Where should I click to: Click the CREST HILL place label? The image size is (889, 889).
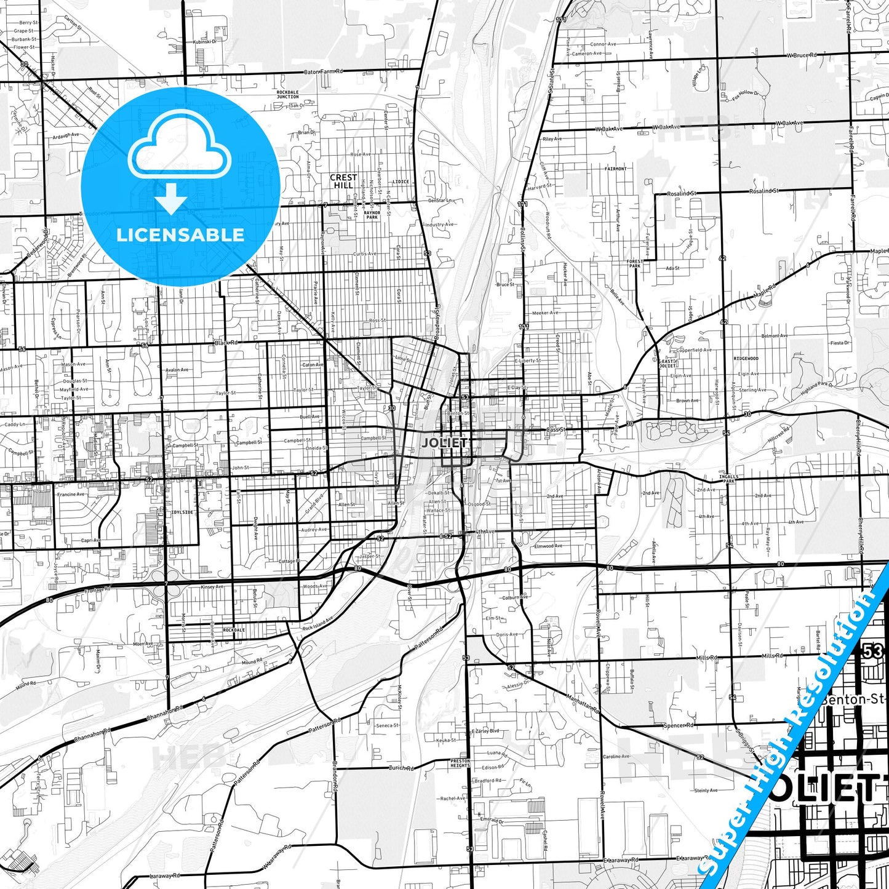coord(343,181)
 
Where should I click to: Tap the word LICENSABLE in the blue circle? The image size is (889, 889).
coord(180,235)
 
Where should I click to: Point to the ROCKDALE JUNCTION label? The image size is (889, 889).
coord(287,95)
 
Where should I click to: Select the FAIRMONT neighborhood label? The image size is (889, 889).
coord(615,168)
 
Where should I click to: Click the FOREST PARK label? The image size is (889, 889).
coord(634,264)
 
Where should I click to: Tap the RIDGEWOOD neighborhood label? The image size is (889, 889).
coord(746,358)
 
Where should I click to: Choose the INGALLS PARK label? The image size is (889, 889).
coord(729,479)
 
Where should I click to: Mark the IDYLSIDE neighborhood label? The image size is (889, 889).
coord(182,512)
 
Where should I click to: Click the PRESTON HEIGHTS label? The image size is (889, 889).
coord(460,763)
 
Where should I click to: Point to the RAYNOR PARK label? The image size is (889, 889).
coord(372,215)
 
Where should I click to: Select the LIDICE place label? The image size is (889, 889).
coord(401,181)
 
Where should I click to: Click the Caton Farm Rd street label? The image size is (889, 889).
coord(323,72)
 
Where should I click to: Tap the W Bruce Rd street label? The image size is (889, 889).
coord(802,55)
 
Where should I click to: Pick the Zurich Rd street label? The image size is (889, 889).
coord(401,768)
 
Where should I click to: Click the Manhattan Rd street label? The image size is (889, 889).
coord(583,701)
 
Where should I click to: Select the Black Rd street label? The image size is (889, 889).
coord(226,343)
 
